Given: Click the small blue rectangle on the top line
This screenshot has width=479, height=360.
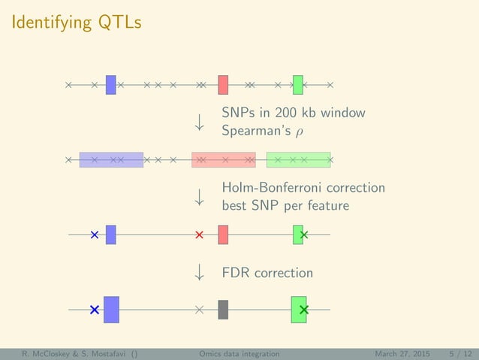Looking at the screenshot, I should pos(110,85).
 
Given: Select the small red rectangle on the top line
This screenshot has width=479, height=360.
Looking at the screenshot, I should pos(223,85).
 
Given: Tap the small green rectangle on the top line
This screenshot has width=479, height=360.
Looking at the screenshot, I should pos(298,85).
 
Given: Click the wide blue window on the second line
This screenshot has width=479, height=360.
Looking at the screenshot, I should pos(111,160).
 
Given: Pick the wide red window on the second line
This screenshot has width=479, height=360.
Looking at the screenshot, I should pos(224,160).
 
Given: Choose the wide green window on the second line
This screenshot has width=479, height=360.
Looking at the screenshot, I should pos(298,160).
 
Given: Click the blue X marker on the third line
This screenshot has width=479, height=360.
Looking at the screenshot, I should pos(94,235).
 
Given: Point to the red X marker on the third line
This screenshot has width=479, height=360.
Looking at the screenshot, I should pos(199,235).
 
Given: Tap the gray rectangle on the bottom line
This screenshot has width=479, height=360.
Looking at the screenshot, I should pos(223,309).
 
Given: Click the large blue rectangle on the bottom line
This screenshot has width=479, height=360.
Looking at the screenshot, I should pos(111,309).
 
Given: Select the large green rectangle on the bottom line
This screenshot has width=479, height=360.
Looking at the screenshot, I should pos(299,309).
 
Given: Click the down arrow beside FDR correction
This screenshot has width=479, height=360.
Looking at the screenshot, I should pos(200,272).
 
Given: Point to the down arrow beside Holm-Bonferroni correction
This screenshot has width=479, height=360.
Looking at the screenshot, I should pos(200,197).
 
